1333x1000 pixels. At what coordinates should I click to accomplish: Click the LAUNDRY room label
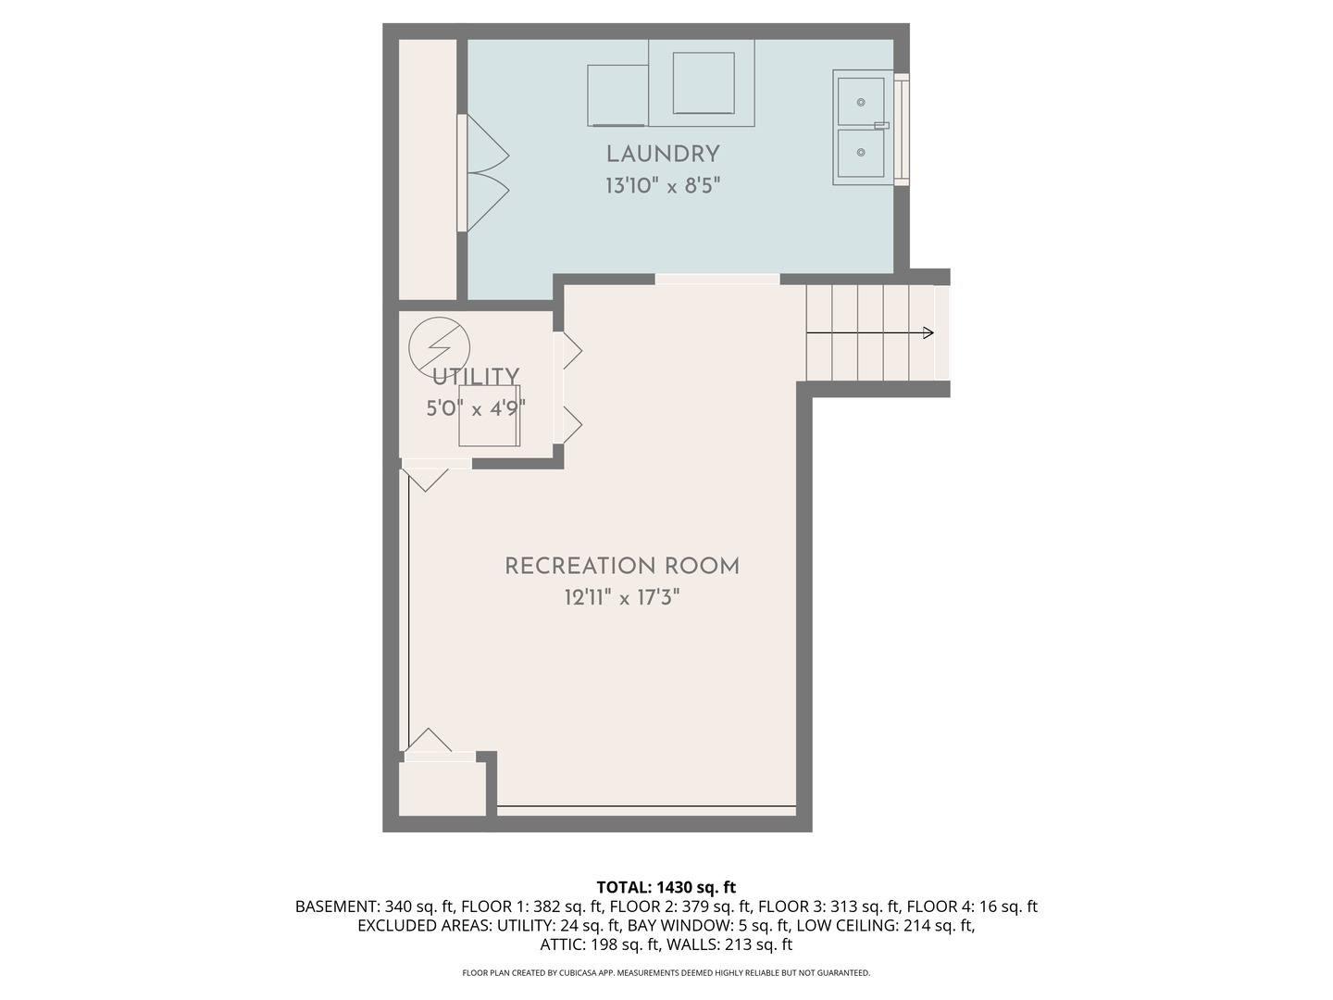pos(663,154)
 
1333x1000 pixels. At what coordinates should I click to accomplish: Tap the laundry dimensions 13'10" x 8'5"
pos(663,186)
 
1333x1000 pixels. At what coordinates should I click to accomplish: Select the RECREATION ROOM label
pos(622,566)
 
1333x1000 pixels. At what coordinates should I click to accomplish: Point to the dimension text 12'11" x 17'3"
pos(622,598)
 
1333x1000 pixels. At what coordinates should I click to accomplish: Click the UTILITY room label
pos(476,376)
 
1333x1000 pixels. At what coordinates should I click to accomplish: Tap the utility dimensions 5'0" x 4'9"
pos(476,407)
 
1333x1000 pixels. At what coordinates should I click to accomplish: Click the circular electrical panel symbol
pos(439,347)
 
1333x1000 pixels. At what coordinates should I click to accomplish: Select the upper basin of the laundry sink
pos(861,101)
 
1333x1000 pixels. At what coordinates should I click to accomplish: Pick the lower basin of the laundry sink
pos(861,153)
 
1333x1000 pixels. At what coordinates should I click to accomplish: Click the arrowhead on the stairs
pos(928,333)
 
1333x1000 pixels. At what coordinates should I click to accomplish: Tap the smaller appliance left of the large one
pos(617,94)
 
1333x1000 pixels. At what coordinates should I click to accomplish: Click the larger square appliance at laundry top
pos(704,83)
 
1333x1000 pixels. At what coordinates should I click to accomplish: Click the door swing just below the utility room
pos(425,479)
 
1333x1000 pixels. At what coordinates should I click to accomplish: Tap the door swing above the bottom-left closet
pos(429,741)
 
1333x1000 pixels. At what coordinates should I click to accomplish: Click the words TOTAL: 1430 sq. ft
pos(666,888)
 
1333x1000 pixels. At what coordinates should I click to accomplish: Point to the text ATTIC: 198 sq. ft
pos(599,944)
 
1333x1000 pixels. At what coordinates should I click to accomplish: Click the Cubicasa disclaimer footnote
pos(666,973)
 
